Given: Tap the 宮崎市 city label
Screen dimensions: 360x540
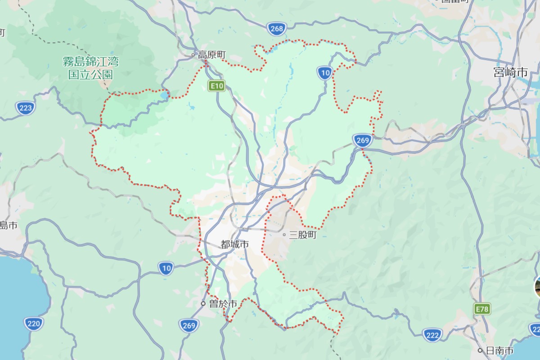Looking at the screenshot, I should pos(510,72).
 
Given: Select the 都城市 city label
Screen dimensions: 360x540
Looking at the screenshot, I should pos(234,244).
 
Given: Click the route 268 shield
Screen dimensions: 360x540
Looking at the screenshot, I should pos(277,29).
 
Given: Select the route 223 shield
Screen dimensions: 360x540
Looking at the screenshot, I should pos(26,108).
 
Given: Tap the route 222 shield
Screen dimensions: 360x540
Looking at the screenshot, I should pos(432,334).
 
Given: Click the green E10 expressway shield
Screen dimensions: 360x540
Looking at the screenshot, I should pos(216,85).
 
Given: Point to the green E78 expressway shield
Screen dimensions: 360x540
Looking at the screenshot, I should pos(482,309).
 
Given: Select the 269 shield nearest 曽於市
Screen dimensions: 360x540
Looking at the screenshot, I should pos(189,325).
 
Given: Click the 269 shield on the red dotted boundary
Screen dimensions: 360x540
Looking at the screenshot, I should pos(362,140).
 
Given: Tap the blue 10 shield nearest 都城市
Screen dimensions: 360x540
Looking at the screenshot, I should pos(166,269).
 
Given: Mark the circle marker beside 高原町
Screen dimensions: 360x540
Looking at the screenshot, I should pos(193,55).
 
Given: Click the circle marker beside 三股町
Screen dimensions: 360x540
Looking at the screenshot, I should pos(284,234).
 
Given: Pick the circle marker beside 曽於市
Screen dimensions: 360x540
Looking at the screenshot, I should pos(203,304).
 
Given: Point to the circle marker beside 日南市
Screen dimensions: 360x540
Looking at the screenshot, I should pos(481,350).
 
